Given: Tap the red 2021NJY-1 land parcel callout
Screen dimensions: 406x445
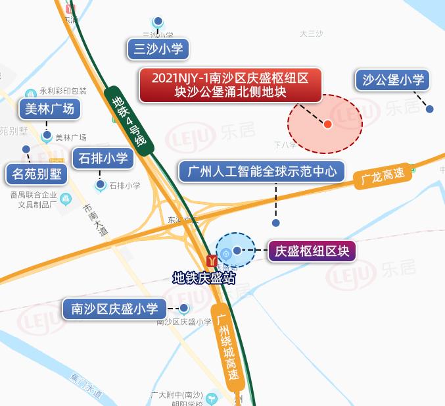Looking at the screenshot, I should coord(230,85).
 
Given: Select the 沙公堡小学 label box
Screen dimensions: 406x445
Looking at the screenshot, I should coord(393,81).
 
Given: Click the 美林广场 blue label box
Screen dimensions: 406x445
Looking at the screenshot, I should coord(50,109).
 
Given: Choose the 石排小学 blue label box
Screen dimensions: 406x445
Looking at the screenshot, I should coord(103,159).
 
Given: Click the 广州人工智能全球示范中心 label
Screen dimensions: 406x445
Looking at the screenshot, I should coord(262,172).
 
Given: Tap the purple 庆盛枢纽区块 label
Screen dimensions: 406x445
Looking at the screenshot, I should coord(312,251).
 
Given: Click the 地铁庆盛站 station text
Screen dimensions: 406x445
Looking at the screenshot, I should coord(203,278).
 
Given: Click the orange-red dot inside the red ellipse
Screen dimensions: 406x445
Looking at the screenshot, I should coord(328,124).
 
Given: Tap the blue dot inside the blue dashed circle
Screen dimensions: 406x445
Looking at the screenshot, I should coord(237,250).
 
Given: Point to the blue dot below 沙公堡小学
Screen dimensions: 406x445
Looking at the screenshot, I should coord(430,109).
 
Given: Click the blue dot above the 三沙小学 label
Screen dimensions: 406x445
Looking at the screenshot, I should coord(158,21).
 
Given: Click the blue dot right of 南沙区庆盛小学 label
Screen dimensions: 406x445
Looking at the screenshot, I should coord(184,308).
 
